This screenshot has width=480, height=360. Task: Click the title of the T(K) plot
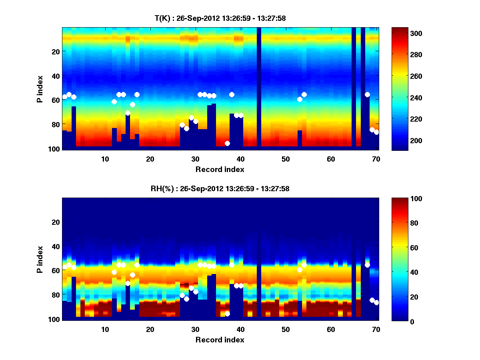tap(220, 18)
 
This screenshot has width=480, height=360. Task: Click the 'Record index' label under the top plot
tap(220, 169)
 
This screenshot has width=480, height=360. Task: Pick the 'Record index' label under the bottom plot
tap(220, 340)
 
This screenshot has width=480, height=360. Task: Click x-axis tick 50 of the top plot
tap(286, 159)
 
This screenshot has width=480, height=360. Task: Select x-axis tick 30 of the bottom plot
tap(195, 330)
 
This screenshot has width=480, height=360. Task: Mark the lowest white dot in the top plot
tap(227, 143)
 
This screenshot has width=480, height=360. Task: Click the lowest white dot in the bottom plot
tap(227, 314)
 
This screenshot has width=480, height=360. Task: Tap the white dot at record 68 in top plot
tap(367, 94)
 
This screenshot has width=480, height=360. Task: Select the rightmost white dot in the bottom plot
tap(376, 302)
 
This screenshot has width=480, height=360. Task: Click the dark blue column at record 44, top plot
tap(259, 88)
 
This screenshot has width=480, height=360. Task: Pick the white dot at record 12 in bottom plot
tap(114, 272)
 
